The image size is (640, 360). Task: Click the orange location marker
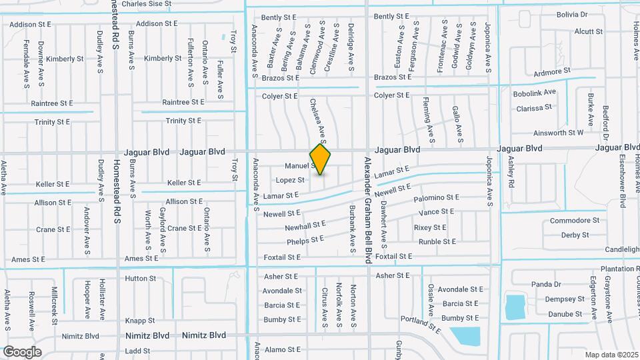point(321,159)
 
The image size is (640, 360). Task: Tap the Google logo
point(22,351)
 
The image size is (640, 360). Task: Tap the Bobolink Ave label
point(535,93)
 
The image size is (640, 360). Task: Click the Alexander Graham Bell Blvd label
point(367,210)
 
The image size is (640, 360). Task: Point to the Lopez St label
point(290,180)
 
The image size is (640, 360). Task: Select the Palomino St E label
point(437,198)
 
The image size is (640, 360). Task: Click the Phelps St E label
point(305,239)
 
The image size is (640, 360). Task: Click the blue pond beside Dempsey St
point(514,306)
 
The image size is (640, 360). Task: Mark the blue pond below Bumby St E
point(464,336)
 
